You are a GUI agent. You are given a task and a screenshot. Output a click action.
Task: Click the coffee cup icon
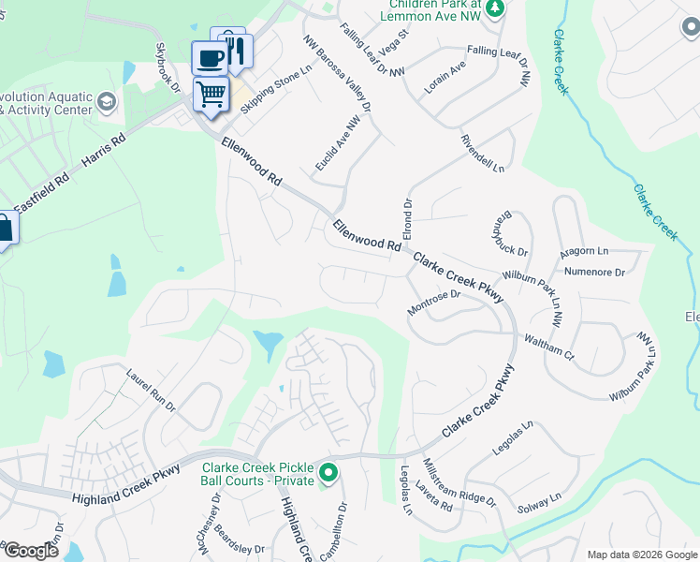(x=210, y=58)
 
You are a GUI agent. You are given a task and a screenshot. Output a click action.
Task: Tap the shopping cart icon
(x=211, y=93)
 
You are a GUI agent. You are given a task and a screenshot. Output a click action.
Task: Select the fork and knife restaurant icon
(x=234, y=47)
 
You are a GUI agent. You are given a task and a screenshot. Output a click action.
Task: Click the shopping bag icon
(x=3, y=228)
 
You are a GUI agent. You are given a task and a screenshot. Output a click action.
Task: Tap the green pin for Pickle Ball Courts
(x=328, y=475)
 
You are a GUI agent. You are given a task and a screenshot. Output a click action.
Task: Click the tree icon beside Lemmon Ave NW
(x=497, y=8)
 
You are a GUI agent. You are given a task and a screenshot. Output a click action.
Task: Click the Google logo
(x=30, y=551)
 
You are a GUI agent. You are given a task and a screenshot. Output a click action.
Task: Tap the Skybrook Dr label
(x=167, y=68)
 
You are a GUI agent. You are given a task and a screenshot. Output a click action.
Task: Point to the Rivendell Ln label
(x=482, y=154)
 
